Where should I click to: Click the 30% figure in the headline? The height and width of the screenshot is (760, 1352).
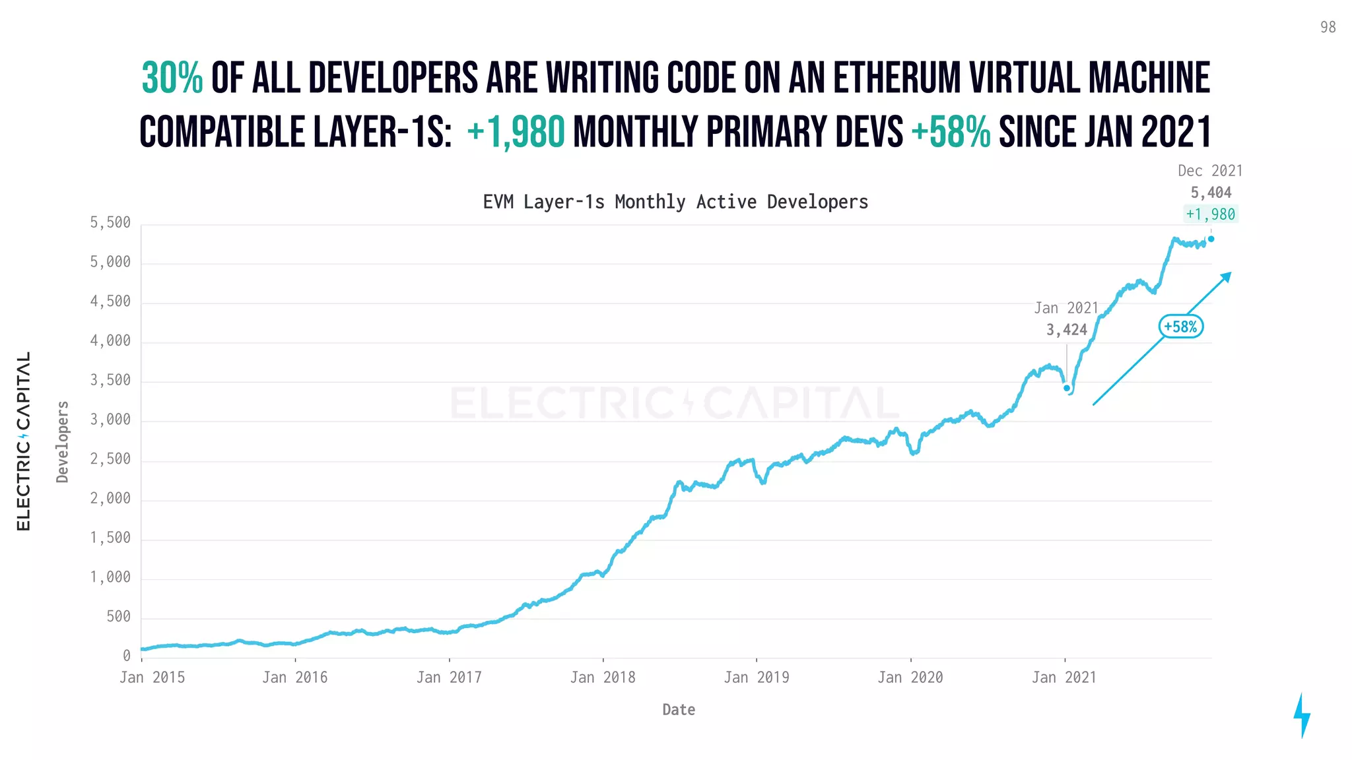172,79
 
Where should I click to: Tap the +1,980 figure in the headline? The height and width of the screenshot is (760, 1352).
516,132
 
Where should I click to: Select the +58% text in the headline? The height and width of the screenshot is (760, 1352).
951,132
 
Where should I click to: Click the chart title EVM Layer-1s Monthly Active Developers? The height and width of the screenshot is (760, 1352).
675,202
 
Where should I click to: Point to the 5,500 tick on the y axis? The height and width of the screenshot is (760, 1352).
110,223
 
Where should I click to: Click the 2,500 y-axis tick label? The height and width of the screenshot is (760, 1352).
110,459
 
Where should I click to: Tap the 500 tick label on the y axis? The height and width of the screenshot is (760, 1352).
118,617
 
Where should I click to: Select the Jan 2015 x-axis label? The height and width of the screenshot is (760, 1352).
152,678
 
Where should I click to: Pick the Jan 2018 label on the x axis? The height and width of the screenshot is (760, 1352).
603,678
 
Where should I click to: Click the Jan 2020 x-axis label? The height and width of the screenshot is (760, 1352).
910,678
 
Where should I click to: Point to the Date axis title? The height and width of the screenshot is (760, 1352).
679,710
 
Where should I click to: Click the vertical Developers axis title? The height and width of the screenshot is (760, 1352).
63,442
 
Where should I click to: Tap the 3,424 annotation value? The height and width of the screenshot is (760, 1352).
1066,330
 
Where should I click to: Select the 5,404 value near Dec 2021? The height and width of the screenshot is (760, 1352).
1211,193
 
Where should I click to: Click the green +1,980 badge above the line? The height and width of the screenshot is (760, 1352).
1210,214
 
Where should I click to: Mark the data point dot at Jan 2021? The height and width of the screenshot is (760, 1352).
1067,388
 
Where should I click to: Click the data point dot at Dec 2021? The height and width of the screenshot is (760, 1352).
1211,239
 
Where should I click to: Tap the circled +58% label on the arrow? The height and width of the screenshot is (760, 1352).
1180,327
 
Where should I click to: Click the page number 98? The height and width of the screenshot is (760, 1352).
1328,27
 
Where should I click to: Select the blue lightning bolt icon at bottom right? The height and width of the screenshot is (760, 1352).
1302,715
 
